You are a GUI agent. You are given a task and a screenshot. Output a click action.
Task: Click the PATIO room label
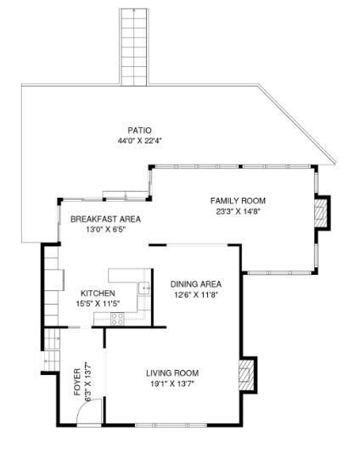coord(139,131)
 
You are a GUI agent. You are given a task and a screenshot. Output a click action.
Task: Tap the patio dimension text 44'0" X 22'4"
coord(140,141)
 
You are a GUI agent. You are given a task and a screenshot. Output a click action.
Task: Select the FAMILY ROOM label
coord(238,201)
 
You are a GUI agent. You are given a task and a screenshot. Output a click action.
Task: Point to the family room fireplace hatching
coord(321,213)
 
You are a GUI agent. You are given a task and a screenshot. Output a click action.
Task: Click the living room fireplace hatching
coord(246,375)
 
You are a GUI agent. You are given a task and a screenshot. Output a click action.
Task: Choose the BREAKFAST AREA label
coord(105,219)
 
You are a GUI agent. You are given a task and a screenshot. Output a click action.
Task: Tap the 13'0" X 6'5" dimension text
coord(106,229)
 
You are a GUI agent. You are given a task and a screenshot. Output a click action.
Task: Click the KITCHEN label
coord(98,294)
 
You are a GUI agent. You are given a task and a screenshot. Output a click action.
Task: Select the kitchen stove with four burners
coord(117,319)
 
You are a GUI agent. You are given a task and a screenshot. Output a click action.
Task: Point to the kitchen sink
coord(144,288)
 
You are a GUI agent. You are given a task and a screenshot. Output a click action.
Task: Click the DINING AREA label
coord(196,284)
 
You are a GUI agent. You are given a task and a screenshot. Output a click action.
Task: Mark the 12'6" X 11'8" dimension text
coord(196,294)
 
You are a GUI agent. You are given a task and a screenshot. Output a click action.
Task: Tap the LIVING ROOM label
coord(172,373)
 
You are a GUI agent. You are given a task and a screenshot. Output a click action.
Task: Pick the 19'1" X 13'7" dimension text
coord(172,383)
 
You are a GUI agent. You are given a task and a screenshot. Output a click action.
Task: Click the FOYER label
coord(77,382)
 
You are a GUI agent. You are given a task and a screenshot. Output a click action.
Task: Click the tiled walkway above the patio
coord(134,47)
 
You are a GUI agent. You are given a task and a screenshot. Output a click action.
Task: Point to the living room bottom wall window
coord(171,425)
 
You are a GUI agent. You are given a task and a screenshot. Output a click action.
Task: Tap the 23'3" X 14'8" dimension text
coord(238,211)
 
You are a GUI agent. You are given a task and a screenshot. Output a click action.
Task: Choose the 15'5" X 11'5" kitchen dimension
coord(98,304)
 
